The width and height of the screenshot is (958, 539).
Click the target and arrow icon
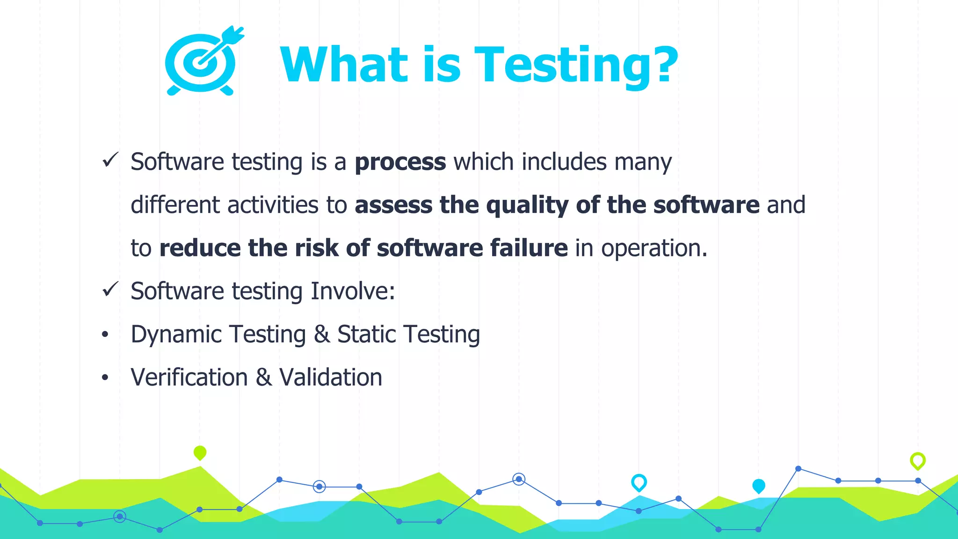203,61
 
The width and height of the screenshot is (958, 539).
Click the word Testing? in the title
575,65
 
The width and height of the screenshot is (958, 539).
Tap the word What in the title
344,65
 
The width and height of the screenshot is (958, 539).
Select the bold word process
400,162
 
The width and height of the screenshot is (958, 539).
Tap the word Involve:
353,291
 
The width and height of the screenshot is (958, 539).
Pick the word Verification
189,378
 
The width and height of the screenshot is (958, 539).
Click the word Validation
331,378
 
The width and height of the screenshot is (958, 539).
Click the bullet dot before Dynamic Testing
105,335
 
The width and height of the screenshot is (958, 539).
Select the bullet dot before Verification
105,378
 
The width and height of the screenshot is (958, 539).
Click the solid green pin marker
200,452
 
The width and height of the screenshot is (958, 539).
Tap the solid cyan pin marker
758,486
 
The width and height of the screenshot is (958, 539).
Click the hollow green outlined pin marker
917,460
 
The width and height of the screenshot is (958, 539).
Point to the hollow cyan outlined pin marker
639,482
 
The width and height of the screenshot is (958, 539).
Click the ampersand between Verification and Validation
263,378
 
